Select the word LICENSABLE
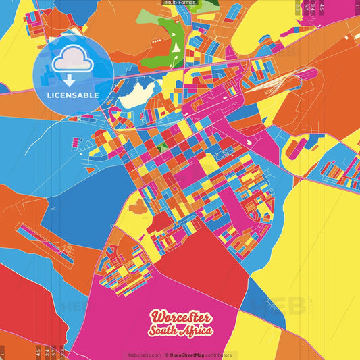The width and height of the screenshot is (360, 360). coord(72,95)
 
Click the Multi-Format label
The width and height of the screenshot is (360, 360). coord(180,3)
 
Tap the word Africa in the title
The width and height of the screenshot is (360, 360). coord(197,331)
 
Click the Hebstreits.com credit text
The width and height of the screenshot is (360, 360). coord(144,355)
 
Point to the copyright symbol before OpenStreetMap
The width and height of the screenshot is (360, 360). coord(166,355)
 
